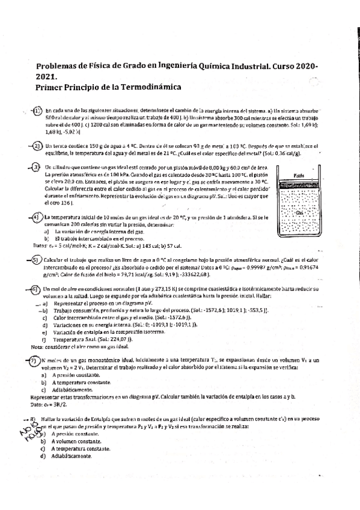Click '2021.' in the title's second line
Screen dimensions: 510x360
point(47,76)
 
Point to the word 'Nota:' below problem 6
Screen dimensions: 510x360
point(37,347)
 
